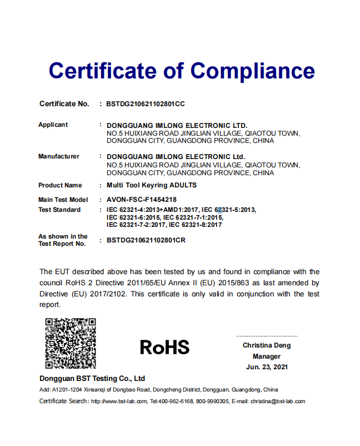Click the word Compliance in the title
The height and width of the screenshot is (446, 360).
(253, 71)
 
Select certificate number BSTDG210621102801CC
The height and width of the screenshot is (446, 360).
(145, 104)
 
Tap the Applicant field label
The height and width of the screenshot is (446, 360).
(53, 125)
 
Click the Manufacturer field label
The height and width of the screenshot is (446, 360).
(58, 156)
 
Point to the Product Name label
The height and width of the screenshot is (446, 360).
(60, 185)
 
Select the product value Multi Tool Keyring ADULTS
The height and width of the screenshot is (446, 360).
(151, 185)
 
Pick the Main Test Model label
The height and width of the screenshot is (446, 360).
(63, 200)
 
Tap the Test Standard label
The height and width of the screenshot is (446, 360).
(59, 210)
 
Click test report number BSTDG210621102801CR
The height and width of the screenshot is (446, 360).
(146, 240)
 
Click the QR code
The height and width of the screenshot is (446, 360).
(70, 343)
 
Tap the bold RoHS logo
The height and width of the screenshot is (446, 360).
(164, 347)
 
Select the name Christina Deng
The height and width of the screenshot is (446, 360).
(267, 345)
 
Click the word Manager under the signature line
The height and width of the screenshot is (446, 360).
(267, 356)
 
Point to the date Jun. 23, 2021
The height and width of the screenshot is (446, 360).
(267, 367)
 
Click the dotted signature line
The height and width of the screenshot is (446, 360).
(267, 336)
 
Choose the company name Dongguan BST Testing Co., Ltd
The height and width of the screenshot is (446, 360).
(92, 379)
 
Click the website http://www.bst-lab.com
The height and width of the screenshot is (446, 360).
(119, 401)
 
